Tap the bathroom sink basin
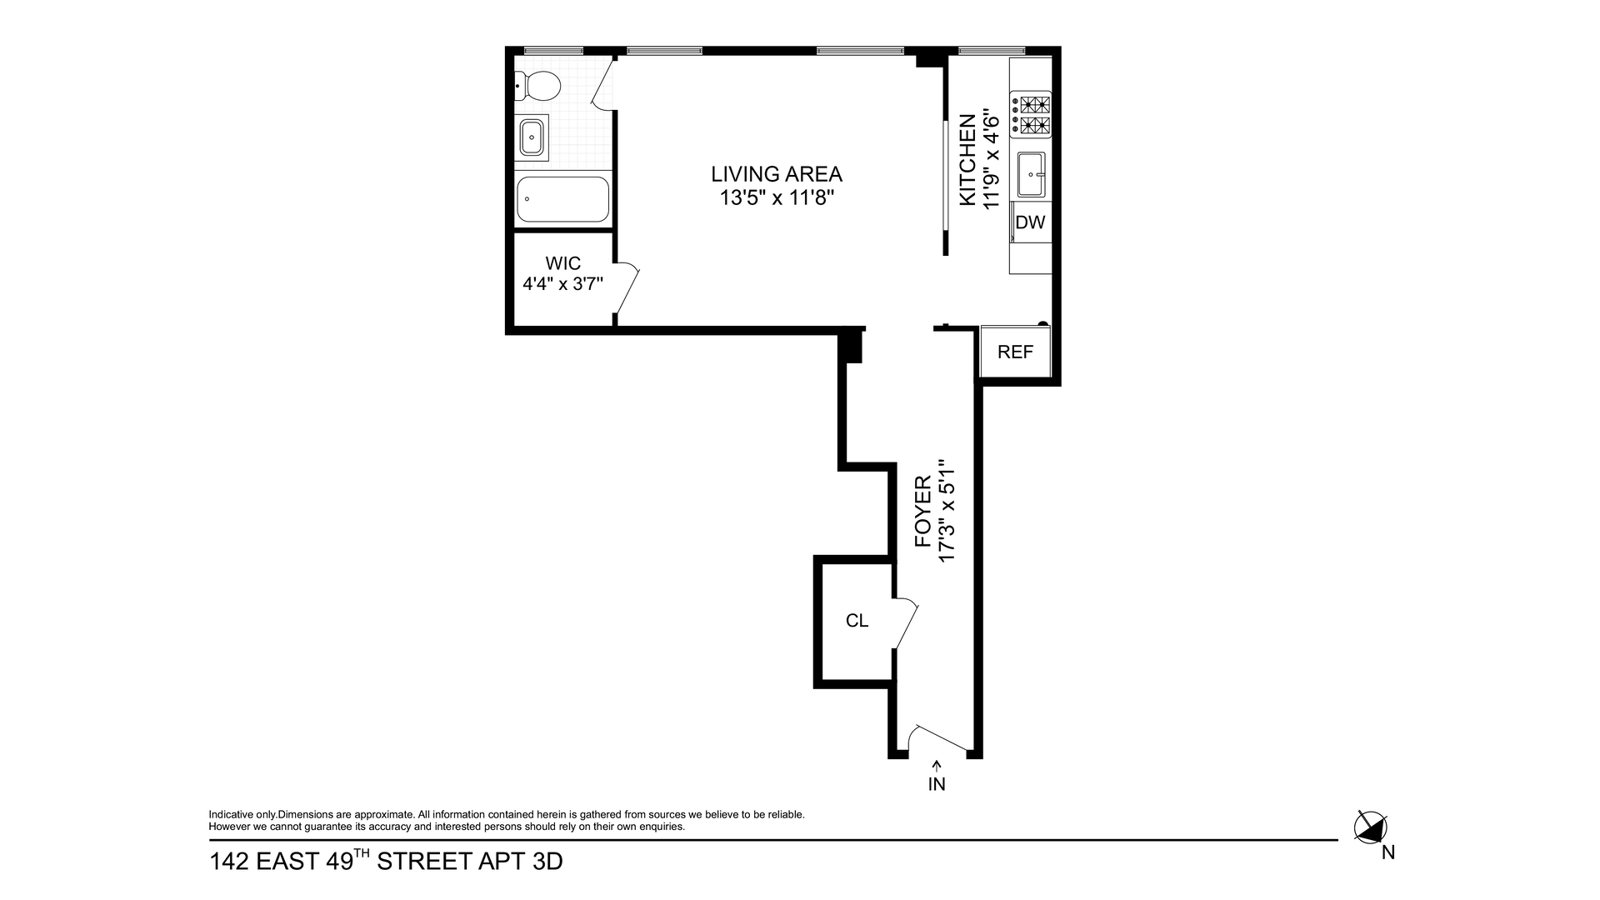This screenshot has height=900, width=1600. pyautogui.click(x=532, y=137)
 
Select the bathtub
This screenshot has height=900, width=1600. pyautogui.click(x=562, y=199)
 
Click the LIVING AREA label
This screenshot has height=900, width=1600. pyautogui.click(x=777, y=174)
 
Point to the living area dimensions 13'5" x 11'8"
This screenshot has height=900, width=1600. pyautogui.click(x=777, y=198)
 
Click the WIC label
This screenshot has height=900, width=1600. pyautogui.click(x=563, y=263)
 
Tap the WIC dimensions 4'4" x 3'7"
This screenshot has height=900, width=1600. pyautogui.click(x=563, y=283)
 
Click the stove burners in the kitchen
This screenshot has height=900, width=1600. pyautogui.click(x=1031, y=115)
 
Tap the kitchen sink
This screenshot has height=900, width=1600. pyautogui.click(x=1031, y=175)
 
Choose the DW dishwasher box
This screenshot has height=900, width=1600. pyautogui.click(x=1031, y=222)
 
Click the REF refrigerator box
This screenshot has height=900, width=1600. pyautogui.click(x=1015, y=352)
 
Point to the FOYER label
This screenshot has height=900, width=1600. pyautogui.click(x=922, y=512)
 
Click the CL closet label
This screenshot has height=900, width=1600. pyautogui.click(x=857, y=621)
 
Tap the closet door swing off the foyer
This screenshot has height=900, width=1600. pyautogui.click(x=906, y=622)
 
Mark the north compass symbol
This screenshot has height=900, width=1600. pyautogui.click(x=1371, y=827)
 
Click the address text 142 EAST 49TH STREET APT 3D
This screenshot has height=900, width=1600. pyautogui.click(x=386, y=860)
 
